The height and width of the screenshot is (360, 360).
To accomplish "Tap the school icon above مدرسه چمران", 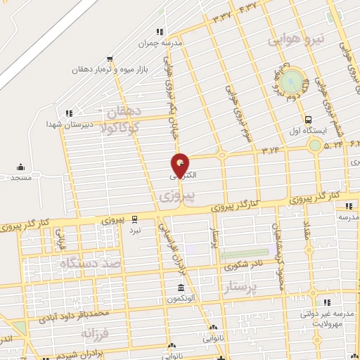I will point(160,32).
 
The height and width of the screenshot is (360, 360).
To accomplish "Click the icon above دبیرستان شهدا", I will point(69,112).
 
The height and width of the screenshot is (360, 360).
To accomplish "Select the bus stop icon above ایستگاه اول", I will point(308,120).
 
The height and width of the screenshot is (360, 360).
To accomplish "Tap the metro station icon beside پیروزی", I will point(134,219).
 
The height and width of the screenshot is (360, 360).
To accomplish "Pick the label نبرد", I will point(134,231).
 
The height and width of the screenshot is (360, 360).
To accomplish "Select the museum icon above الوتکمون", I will point(181,288).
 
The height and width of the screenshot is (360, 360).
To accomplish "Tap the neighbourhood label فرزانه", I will point(96,332).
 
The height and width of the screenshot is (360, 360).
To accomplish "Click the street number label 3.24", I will point(271,150).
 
